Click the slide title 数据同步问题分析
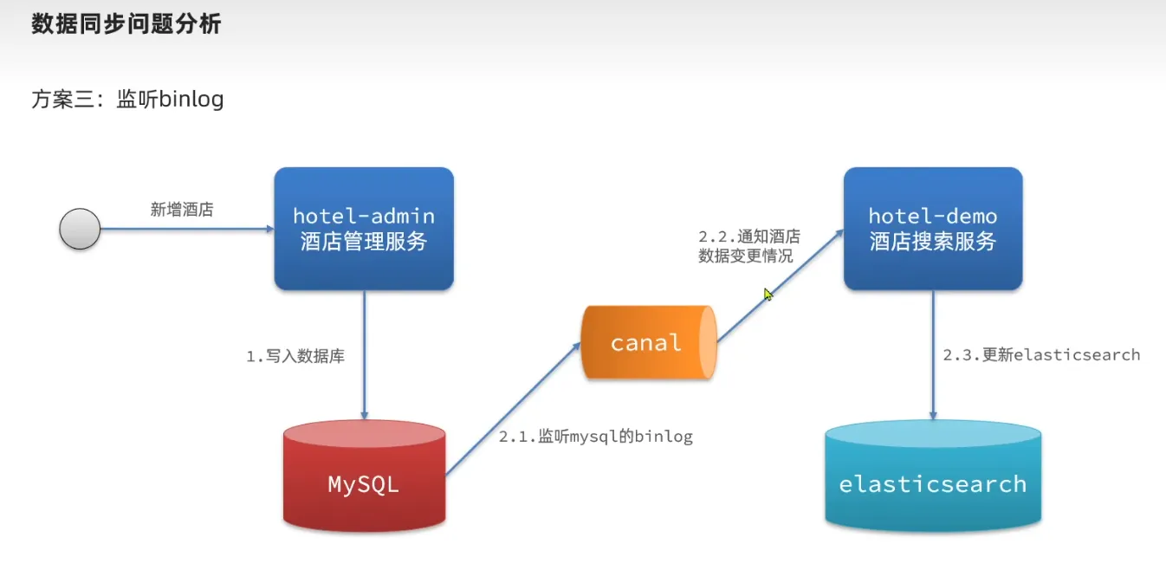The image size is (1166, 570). pyautogui.click(x=126, y=24)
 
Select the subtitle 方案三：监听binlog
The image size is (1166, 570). pyautogui.click(x=127, y=100)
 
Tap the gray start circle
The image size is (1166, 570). pyautogui.click(x=80, y=230)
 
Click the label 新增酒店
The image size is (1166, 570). pyautogui.click(x=182, y=210)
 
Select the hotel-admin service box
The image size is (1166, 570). pyautogui.click(x=364, y=229)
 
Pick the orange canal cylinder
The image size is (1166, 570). pyautogui.click(x=647, y=342)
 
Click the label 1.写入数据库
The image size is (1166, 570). pyautogui.click(x=295, y=356)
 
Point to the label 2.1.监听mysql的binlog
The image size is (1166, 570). pyautogui.click(x=596, y=437)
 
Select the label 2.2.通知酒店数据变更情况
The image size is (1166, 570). pyautogui.click(x=749, y=246)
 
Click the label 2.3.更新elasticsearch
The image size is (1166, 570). pyautogui.click(x=1041, y=355)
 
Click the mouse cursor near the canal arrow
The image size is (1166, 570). pyautogui.click(x=768, y=295)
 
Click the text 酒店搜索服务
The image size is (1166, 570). pyautogui.click(x=933, y=242)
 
